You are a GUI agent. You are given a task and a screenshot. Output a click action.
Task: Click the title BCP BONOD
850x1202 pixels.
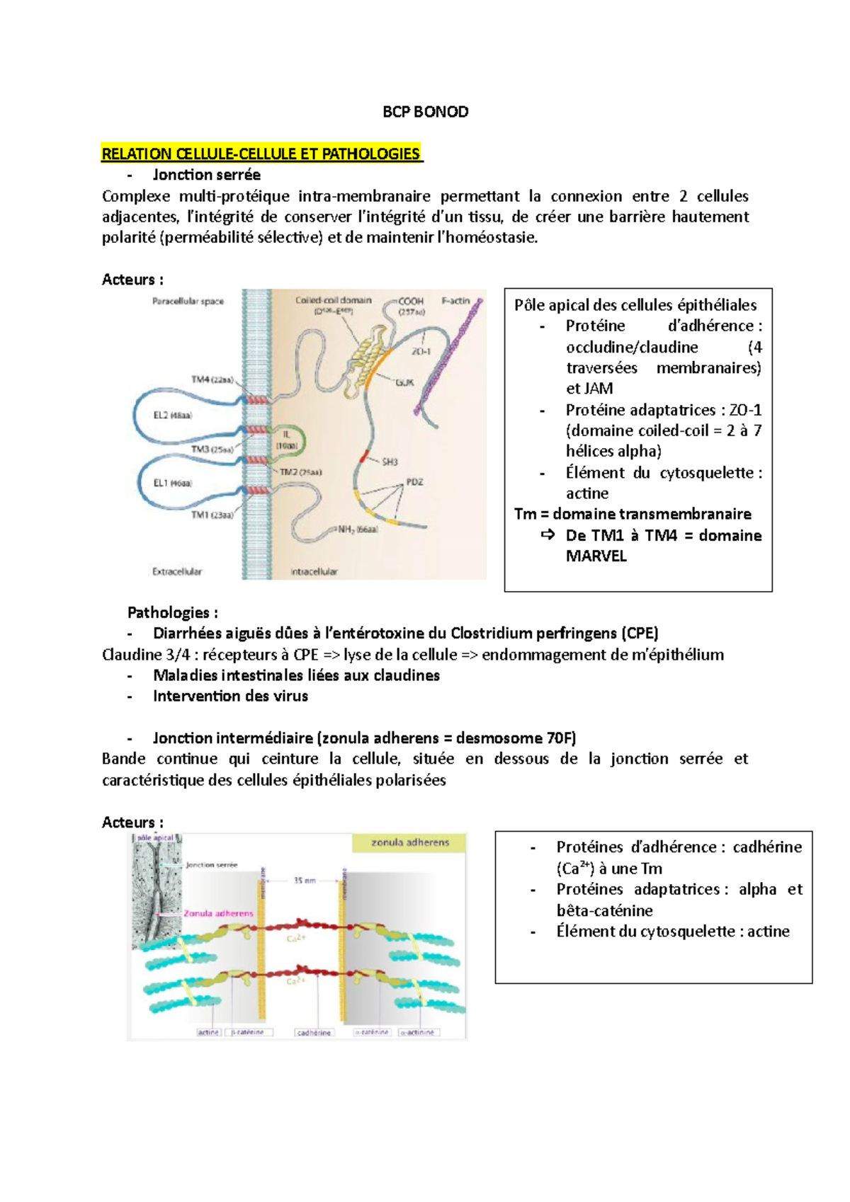click(x=425, y=112)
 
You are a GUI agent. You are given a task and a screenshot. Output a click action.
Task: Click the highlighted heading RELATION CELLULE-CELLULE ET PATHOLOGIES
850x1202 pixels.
click(x=261, y=154)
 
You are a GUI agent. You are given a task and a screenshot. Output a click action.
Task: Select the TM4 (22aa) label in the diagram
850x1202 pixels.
click(x=212, y=379)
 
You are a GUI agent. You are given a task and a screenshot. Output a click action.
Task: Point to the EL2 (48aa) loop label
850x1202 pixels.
click(x=173, y=416)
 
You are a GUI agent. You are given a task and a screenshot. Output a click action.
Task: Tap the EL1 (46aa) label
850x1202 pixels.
click(x=173, y=483)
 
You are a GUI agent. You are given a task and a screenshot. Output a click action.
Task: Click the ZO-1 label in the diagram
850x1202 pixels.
click(x=421, y=351)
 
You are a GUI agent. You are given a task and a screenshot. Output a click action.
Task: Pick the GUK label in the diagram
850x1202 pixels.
click(x=404, y=382)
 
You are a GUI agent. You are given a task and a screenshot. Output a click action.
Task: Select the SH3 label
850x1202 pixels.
click(x=390, y=462)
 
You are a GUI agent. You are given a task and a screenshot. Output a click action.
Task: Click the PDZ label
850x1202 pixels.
click(x=414, y=481)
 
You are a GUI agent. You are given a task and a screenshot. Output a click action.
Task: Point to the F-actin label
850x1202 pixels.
click(x=455, y=301)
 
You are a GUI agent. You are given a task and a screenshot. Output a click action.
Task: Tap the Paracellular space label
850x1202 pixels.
click(x=188, y=301)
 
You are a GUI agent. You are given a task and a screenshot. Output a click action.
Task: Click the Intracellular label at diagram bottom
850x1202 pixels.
click(x=314, y=571)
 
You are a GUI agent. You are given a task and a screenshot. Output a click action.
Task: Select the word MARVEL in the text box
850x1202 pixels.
click(x=596, y=556)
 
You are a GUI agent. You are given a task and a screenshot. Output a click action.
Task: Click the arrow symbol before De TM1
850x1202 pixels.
click(x=548, y=535)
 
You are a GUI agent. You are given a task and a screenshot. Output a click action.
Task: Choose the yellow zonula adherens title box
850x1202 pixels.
click(x=410, y=842)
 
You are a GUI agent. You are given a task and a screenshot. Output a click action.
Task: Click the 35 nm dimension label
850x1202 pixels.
click(x=305, y=881)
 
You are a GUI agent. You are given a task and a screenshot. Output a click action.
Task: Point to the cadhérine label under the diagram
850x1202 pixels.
click(x=314, y=1033)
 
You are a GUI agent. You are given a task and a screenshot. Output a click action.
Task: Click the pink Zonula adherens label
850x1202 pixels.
click(x=218, y=913)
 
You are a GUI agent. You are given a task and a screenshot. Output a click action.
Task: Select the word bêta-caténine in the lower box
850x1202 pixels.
click(x=604, y=910)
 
